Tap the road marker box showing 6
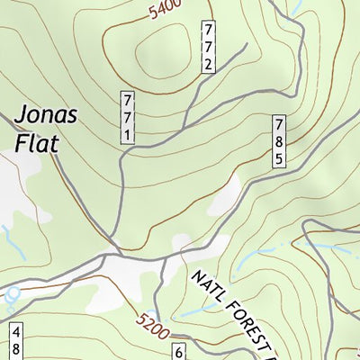pos(179,352)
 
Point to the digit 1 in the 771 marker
pos(128,134)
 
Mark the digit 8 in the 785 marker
pos(280,141)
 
